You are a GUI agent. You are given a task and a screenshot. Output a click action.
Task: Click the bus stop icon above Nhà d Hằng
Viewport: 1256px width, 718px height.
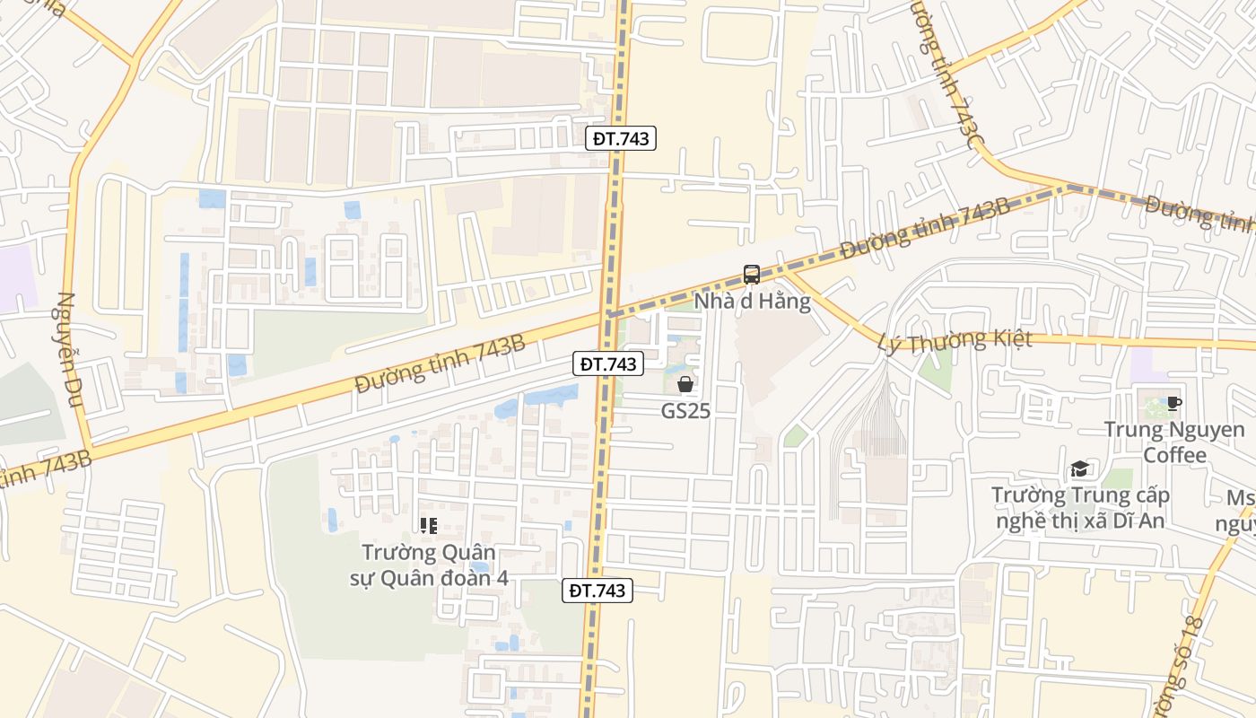tap(752, 275)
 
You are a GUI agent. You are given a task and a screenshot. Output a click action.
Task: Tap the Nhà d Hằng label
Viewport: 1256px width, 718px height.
tap(753, 301)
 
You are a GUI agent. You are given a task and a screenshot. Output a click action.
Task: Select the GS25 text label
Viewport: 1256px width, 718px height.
tap(685, 410)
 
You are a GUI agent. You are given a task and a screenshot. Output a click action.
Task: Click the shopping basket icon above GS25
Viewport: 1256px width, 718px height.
tap(685, 384)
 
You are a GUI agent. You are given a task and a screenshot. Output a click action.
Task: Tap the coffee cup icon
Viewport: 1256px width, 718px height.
tap(1173, 403)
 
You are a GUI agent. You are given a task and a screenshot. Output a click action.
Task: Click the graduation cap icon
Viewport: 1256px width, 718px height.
tap(1079, 469)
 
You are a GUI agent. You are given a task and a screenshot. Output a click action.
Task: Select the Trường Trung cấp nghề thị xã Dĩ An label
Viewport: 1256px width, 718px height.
tap(1080, 508)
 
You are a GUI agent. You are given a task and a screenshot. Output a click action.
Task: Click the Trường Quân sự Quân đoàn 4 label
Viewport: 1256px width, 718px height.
tap(429, 565)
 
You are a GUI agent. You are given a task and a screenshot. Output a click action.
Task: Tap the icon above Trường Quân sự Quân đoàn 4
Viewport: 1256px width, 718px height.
tap(428, 525)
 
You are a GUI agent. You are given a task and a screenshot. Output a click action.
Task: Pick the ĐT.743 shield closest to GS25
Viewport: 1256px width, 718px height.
tap(608, 363)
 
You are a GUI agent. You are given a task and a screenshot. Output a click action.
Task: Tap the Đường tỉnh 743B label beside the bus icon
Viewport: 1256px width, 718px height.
tap(925, 229)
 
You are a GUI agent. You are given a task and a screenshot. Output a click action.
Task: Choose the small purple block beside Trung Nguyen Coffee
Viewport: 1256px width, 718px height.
tap(1143, 364)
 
